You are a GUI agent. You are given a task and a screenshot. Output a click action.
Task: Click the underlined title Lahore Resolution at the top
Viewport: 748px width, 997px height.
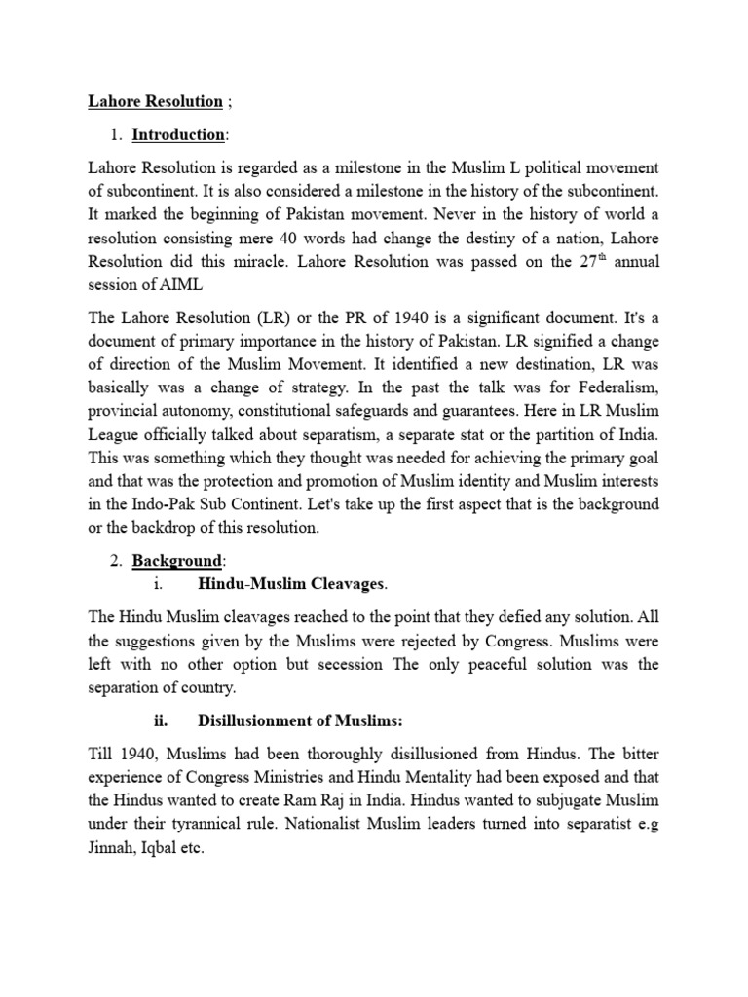tap(155, 102)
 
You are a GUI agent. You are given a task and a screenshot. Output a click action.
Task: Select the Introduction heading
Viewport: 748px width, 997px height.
tap(178, 135)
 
